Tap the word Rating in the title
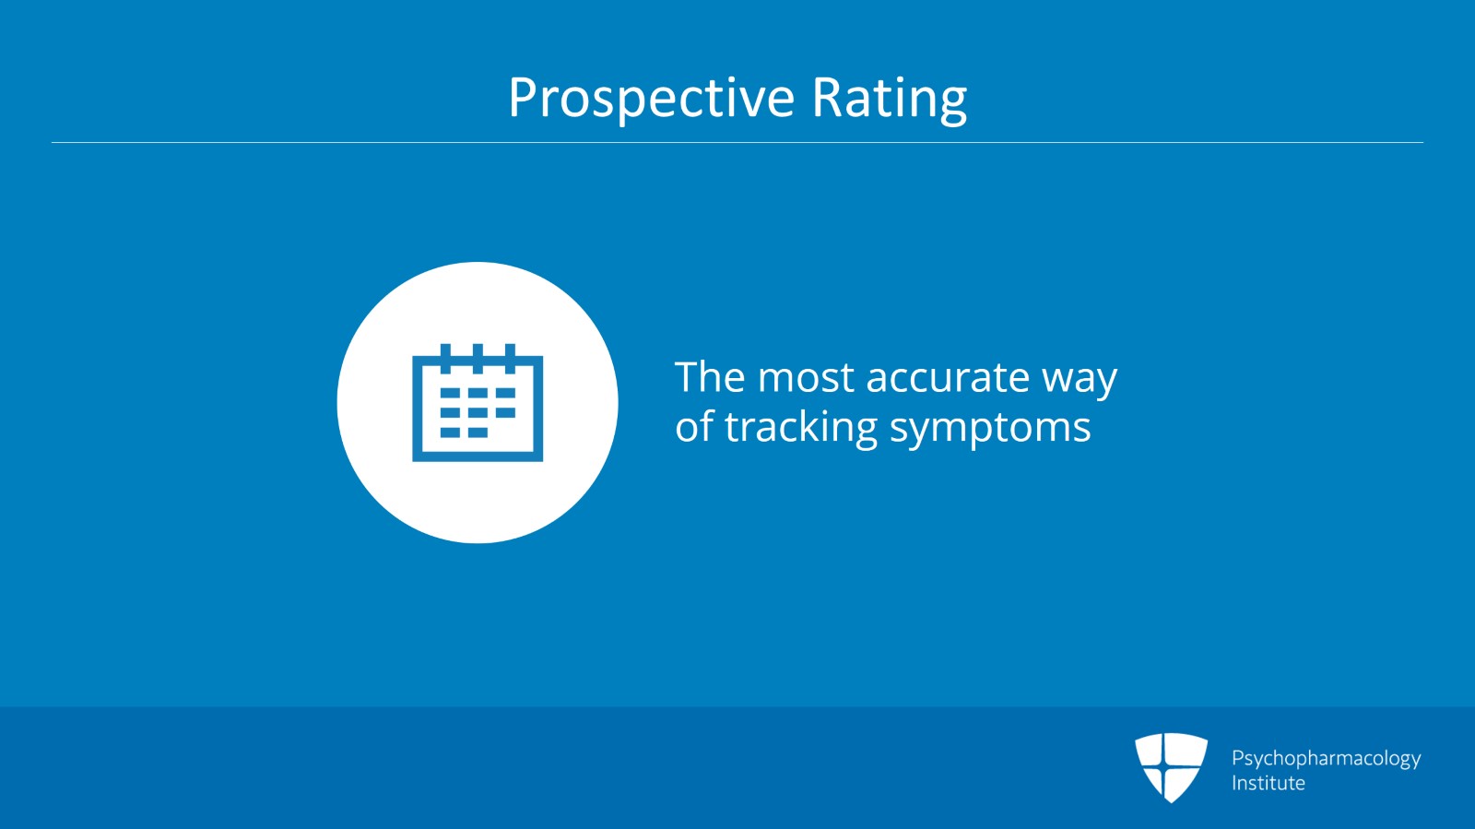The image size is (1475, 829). pos(890,99)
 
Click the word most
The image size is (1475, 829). pos(806,379)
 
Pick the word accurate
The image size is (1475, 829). pos(948,379)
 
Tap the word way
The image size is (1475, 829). pos(1080,382)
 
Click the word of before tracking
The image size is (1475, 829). pos(694,426)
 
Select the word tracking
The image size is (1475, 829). pos(801,428)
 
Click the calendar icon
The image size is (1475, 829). pos(478,402)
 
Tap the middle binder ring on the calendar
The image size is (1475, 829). pos(478,358)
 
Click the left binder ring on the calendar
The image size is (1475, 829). pos(446,358)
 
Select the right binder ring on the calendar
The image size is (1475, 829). pos(510,358)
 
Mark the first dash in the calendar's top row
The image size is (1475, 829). pos(450,393)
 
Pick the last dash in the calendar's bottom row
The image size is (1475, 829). pos(478,432)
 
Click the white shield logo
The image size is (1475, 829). pos(1171,767)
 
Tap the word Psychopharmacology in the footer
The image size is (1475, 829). pos(1327,759)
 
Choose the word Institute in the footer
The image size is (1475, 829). pos(1268,783)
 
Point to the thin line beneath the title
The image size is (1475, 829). pos(737,142)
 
